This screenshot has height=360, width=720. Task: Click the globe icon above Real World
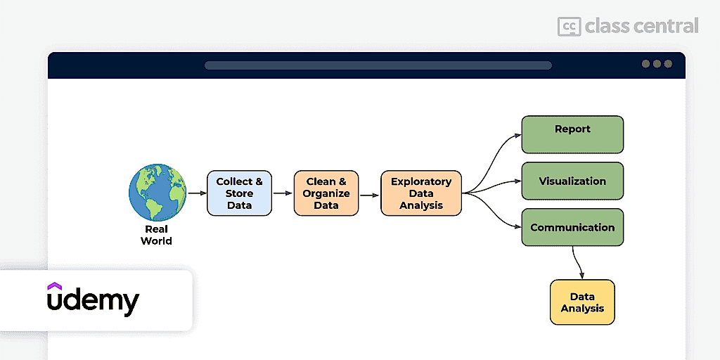tap(157, 193)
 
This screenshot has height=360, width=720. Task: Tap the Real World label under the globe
tap(157, 235)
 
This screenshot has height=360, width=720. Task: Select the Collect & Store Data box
tap(239, 193)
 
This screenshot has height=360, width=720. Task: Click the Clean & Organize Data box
tap(326, 193)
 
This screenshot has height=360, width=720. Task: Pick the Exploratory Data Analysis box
tap(421, 193)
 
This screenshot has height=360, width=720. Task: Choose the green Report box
tap(572, 134)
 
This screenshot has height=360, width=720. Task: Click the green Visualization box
tap(572, 181)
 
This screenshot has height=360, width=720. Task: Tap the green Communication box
tap(572, 227)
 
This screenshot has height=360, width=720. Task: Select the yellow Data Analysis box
tap(582, 302)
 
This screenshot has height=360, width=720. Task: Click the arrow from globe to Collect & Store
tap(198, 193)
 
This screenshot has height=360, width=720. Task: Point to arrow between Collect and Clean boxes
tap(283, 193)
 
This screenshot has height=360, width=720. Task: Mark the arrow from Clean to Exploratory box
tap(370, 195)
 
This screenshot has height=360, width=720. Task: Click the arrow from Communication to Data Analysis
tap(578, 263)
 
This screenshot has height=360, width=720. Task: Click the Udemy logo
tap(93, 300)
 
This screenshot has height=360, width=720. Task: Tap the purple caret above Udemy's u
tap(54, 286)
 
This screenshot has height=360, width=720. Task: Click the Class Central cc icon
tap(569, 26)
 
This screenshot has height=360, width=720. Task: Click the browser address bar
tap(378, 65)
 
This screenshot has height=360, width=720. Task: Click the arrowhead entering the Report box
tap(518, 135)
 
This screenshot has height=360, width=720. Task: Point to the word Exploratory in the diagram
tap(421, 181)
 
